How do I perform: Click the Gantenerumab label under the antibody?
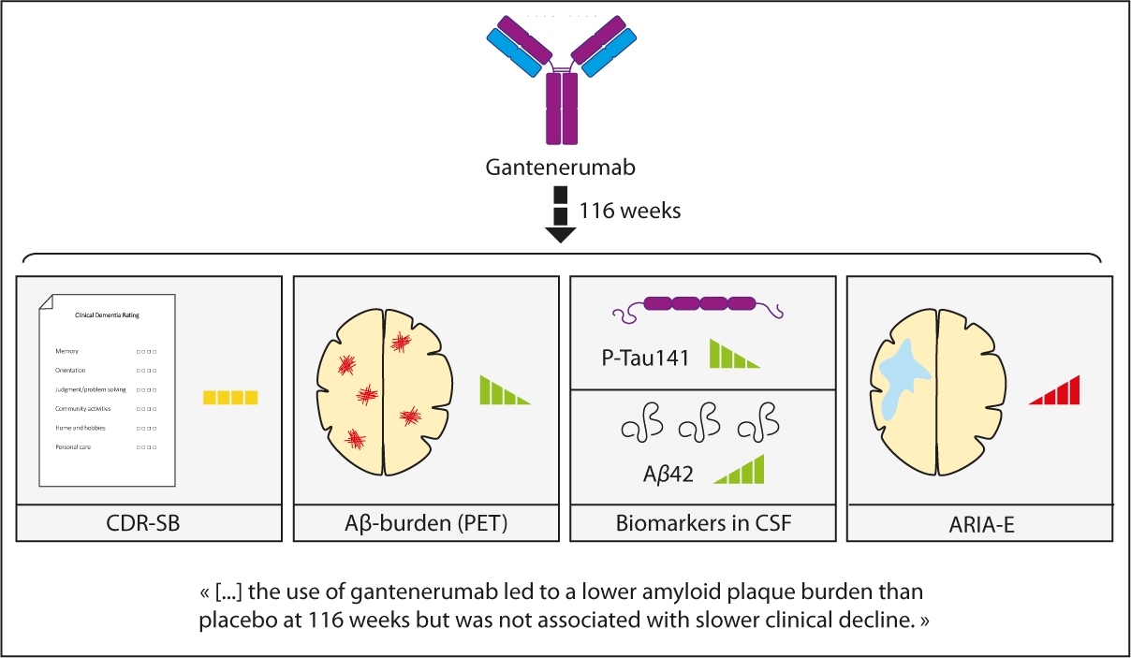tap(560, 168)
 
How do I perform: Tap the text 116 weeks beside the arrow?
tap(630, 211)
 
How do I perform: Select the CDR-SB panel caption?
tap(149, 523)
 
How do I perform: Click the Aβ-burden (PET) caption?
tap(426, 523)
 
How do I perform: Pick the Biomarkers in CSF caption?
tap(703, 523)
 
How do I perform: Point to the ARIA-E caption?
tap(980, 525)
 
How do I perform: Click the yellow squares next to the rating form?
tap(230, 398)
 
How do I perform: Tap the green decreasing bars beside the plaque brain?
tap(504, 390)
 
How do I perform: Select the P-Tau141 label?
tap(646, 357)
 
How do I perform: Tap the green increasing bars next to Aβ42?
tap(741, 470)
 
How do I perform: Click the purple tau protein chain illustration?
tap(700, 304)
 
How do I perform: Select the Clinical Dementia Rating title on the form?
tap(108, 315)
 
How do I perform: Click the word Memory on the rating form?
tap(66, 351)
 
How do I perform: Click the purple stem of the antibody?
tap(561, 110)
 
